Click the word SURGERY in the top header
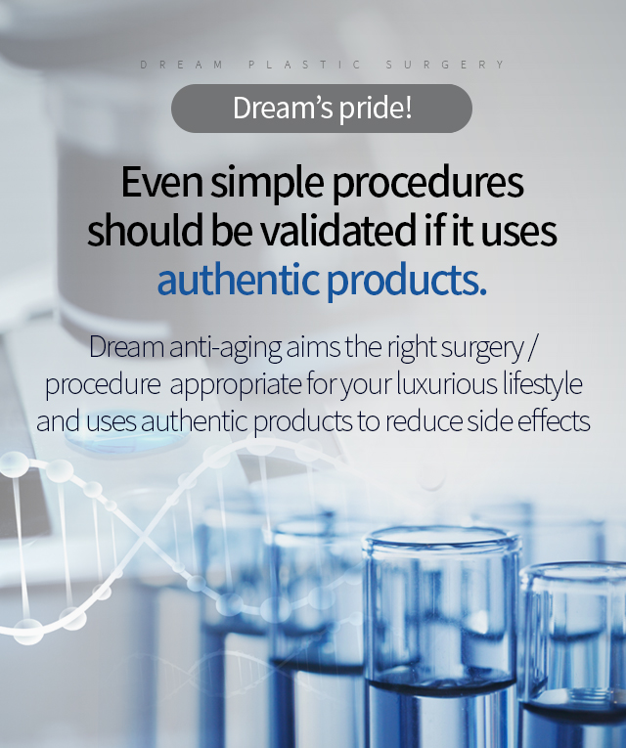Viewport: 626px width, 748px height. point(446,65)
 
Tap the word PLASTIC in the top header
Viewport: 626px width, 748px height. point(305,65)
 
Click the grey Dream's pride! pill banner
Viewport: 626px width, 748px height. point(322,109)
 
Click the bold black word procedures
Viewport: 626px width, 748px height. point(428,184)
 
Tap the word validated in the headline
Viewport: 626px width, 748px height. point(338,231)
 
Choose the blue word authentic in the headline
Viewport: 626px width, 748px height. point(238,280)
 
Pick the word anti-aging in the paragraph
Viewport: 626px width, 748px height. point(225,348)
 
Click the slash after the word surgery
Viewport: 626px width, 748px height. point(532,348)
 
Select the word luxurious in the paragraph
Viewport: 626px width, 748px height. point(447,384)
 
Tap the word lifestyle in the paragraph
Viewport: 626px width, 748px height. point(543,385)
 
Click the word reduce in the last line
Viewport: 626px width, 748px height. point(424,421)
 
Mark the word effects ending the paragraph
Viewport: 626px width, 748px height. point(554,421)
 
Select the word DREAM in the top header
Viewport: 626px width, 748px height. point(182,65)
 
